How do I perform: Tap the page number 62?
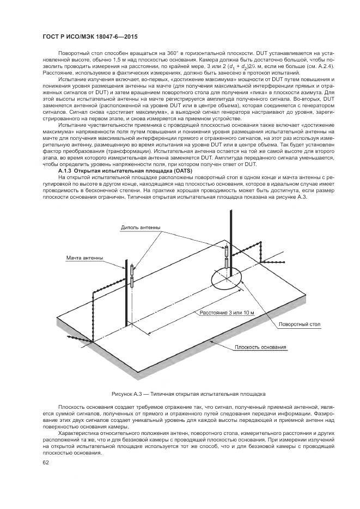click(x=46, y=462)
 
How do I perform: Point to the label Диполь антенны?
click(x=142, y=227)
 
